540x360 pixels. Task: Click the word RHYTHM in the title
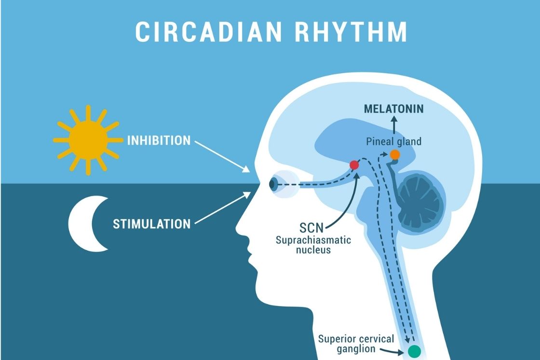[351, 32]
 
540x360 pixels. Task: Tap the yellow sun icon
[88, 140]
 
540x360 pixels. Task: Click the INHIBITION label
[159, 140]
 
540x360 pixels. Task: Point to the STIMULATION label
[151, 224]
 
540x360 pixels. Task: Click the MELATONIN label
[393, 109]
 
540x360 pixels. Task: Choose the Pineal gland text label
[393, 142]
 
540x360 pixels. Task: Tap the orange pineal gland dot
[395, 155]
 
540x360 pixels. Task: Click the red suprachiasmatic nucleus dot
[354, 165]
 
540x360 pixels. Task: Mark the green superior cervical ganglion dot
[414, 351]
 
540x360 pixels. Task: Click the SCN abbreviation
[311, 227]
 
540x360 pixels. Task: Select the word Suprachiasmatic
[313, 240]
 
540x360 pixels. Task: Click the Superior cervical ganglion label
[356, 344]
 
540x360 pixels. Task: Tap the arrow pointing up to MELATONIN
[394, 125]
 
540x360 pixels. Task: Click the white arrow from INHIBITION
[222, 156]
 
